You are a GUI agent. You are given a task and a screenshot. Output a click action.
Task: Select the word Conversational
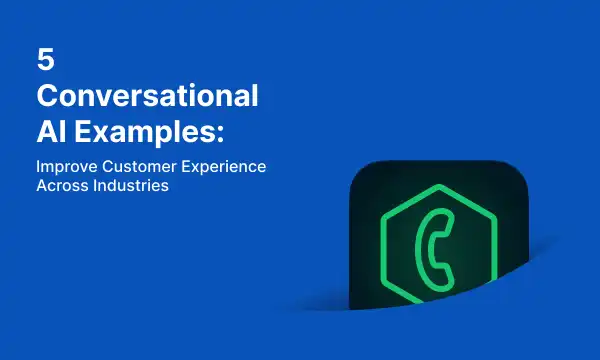[148, 97]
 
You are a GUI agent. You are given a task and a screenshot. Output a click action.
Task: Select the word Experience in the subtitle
[224, 167]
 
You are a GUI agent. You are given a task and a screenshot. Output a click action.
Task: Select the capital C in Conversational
[49, 97]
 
